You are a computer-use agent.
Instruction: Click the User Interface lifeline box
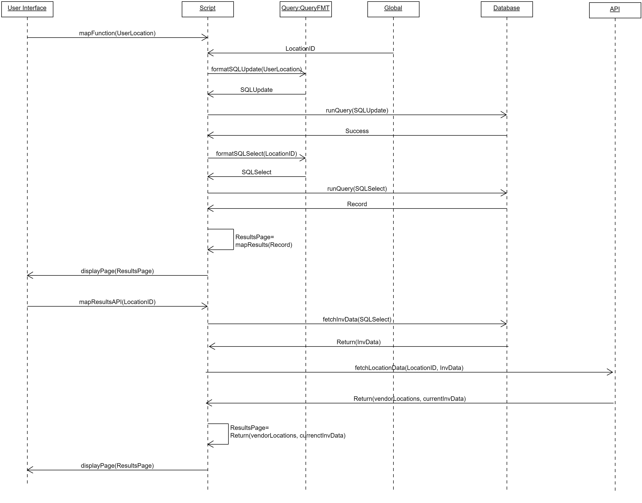point(27,9)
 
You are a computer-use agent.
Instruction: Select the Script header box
point(208,9)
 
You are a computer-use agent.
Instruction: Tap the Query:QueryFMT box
point(306,9)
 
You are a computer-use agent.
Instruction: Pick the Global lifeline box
point(393,9)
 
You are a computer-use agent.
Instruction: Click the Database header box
point(507,9)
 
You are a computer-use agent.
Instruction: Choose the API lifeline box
point(615,10)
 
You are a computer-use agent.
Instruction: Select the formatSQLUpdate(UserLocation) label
point(256,69)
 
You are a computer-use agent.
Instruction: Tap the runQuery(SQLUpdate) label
point(357,110)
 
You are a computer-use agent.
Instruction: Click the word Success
point(357,131)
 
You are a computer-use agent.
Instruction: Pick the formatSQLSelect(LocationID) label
point(256,154)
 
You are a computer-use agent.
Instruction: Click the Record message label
point(357,204)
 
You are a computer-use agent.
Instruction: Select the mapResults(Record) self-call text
point(264,245)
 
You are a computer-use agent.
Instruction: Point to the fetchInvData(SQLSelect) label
point(357,320)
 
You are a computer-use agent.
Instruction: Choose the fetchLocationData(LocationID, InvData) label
point(409,368)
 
